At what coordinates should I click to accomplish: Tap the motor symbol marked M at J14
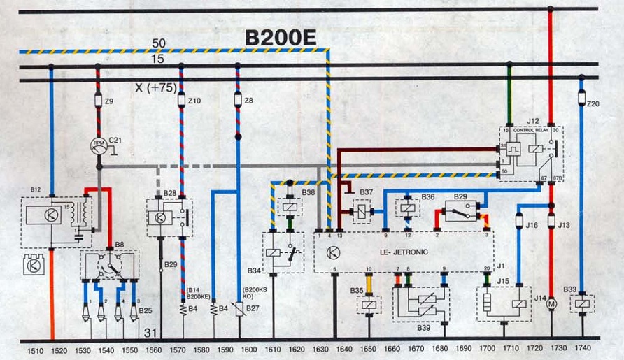(x=550, y=305)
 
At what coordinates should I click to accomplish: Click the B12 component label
(x=36, y=189)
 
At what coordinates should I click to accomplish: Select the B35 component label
(x=356, y=290)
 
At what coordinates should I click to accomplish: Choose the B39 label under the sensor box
(x=425, y=327)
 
